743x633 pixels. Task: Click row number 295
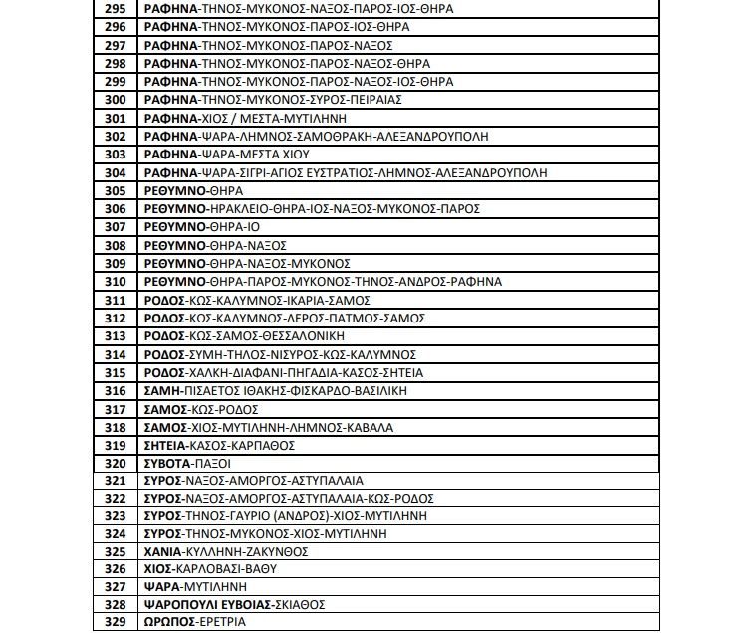pyautogui.click(x=115, y=8)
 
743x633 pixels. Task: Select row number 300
pyautogui.click(x=115, y=100)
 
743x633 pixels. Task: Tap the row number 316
pyautogui.click(x=115, y=391)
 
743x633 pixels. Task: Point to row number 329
pyautogui.click(x=115, y=623)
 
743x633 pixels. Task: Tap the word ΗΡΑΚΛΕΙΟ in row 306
pyautogui.click(x=237, y=209)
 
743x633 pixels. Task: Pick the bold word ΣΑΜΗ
pyautogui.click(x=162, y=391)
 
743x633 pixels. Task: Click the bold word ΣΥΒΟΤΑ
pyautogui.click(x=166, y=464)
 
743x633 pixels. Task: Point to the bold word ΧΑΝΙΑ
pyautogui.click(x=162, y=550)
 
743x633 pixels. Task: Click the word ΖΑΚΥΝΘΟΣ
pyautogui.click(x=275, y=550)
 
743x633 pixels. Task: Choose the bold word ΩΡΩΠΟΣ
pyautogui.click(x=166, y=623)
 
